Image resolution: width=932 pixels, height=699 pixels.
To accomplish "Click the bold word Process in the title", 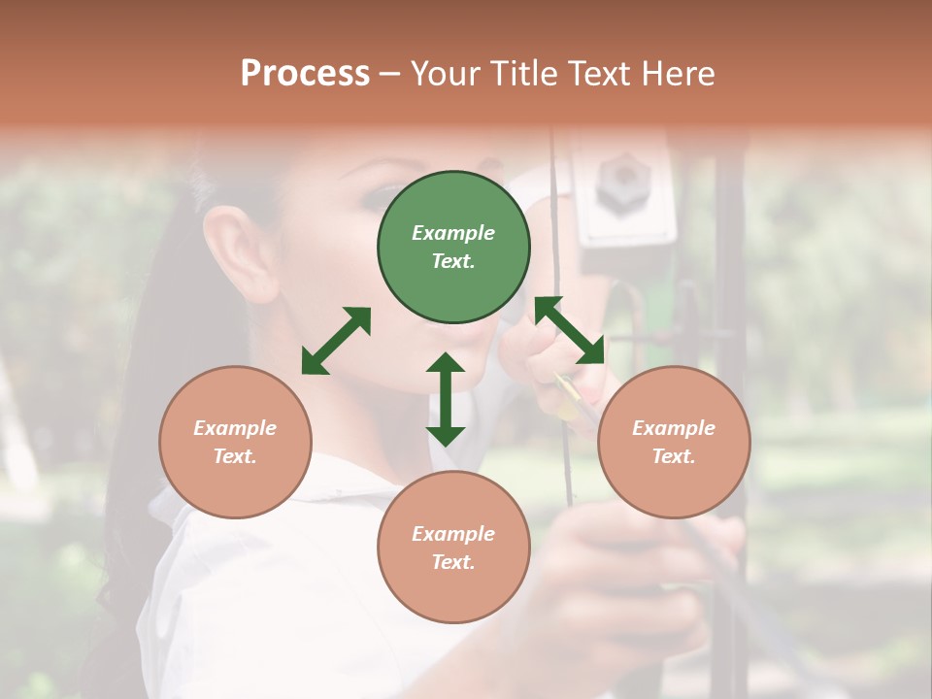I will (x=305, y=74).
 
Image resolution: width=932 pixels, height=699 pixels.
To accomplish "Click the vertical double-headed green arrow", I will (x=446, y=399).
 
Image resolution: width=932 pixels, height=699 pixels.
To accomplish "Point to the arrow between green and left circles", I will (x=336, y=341).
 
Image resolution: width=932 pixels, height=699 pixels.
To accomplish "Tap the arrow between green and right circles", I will (x=570, y=330).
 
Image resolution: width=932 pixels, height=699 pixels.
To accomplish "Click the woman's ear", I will (x=239, y=252).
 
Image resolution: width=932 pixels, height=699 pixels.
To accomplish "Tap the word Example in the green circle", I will (x=453, y=233).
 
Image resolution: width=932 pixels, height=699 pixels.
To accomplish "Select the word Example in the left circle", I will (x=235, y=428).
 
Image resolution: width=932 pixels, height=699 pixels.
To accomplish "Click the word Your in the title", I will (x=442, y=74).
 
